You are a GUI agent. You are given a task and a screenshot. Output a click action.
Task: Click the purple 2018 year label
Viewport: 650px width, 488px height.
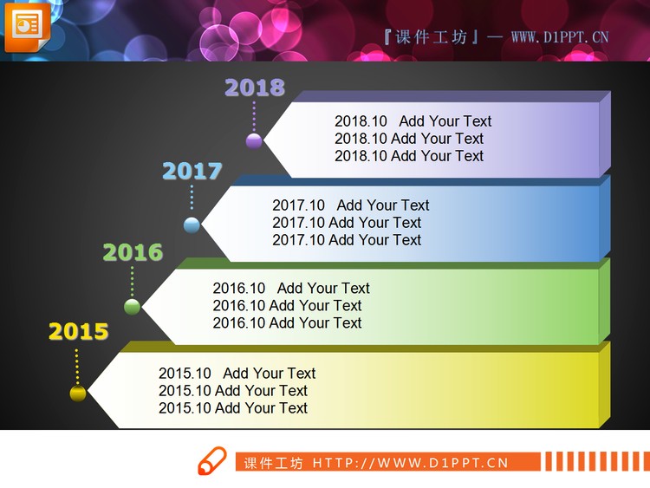(254, 88)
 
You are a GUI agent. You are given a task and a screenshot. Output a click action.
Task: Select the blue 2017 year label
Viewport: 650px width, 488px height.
(192, 171)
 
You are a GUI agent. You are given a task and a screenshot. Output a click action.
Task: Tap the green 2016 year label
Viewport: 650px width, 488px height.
(133, 252)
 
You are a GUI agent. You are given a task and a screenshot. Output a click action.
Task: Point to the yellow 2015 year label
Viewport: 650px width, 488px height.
(78, 331)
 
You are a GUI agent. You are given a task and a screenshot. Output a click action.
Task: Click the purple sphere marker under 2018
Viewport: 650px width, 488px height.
(254, 140)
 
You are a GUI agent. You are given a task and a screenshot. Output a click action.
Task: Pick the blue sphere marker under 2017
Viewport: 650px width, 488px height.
(192, 225)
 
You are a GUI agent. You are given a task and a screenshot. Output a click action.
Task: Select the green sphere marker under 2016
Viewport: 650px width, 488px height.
(132, 306)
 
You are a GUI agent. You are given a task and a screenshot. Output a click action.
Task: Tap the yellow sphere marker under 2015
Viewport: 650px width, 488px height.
(78, 394)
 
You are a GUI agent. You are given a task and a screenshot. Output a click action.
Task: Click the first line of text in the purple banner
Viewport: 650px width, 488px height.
(413, 121)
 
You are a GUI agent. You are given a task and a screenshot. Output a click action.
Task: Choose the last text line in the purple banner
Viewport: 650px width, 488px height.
(409, 156)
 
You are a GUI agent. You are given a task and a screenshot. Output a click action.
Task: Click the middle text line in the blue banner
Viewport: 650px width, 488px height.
(347, 223)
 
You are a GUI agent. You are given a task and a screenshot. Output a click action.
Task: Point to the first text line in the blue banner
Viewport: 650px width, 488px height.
(350, 205)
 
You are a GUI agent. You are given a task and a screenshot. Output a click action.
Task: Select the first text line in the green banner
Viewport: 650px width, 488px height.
(291, 289)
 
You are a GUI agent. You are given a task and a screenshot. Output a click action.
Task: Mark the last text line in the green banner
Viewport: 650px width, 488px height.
(287, 323)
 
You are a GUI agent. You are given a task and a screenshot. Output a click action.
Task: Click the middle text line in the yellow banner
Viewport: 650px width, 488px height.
(233, 391)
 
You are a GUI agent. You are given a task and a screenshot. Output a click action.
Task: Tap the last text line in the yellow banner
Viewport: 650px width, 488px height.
(233, 408)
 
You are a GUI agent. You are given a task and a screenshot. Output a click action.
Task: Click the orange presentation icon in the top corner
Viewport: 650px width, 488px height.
(27, 26)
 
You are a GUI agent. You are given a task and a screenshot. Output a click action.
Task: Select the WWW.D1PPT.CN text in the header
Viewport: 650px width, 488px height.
(560, 37)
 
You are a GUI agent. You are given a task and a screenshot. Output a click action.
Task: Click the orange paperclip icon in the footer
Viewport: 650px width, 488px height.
(211, 461)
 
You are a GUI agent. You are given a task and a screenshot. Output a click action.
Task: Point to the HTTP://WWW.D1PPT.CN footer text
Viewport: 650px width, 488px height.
(410, 463)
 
